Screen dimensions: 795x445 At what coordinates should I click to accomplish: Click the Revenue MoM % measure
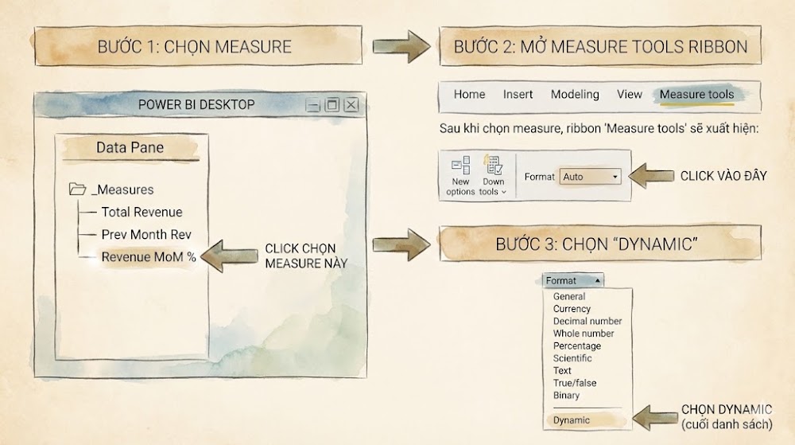148,257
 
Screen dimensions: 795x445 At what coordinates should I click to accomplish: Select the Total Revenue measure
142,212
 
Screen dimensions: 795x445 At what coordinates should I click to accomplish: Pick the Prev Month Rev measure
146,234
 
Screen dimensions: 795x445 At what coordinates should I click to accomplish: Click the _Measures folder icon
77,189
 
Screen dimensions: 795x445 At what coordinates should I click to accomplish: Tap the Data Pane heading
130,147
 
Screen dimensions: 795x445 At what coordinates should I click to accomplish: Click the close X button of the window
351,104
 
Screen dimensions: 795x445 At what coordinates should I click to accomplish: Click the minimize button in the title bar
312,105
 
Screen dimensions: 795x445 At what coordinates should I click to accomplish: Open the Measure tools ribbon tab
696,95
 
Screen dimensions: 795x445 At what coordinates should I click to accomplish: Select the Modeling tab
575,95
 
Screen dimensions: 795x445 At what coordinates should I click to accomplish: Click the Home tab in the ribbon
469,95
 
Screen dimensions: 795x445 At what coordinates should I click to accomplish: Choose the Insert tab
518,95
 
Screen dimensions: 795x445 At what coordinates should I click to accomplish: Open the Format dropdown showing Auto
590,177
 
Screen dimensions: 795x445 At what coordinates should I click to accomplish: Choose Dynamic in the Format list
572,420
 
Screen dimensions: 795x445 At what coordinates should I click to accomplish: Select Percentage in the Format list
577,346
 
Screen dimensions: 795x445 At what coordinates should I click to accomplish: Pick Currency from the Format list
572,309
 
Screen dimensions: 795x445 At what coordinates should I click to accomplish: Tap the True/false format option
575,383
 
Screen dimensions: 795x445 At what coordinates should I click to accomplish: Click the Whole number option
584,334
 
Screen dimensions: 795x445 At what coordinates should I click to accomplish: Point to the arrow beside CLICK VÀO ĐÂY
651,176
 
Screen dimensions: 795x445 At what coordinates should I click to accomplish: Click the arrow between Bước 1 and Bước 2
401,47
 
